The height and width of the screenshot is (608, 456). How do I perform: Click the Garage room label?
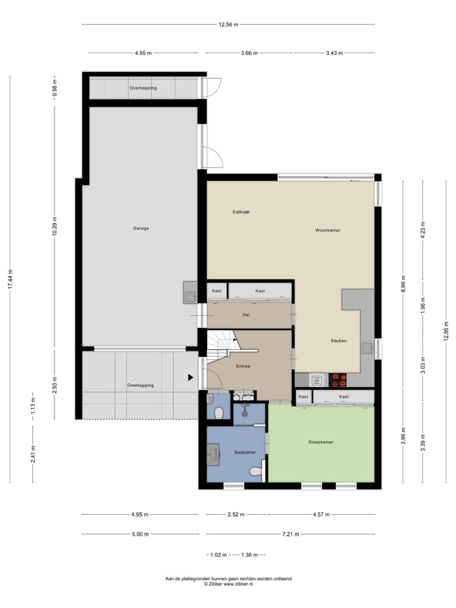(x=141, y=228)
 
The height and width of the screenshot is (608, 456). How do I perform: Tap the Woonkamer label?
(x=327, y=231)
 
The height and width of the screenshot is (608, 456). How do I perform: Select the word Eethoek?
(x=241, y=212)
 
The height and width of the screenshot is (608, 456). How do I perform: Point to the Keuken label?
(x=338, y=341)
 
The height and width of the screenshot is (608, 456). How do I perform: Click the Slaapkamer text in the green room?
(x=320, y=442)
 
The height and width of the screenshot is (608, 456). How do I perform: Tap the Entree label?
(x=243, y=366)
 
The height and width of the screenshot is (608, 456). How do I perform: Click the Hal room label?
(x=246, y=314)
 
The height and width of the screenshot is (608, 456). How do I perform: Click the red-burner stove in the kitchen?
(x=338, y=380)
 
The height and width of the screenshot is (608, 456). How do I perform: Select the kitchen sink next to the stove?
(x=316, y=380)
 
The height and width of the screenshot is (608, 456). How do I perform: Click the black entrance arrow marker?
(x=190, y=377)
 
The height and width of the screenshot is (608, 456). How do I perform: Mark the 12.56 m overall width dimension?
(x=228, y=25)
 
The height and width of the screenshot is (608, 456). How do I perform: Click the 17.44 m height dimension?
(x=10, y=279)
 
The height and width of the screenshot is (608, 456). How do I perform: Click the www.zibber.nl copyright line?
(x=228, y=585)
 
